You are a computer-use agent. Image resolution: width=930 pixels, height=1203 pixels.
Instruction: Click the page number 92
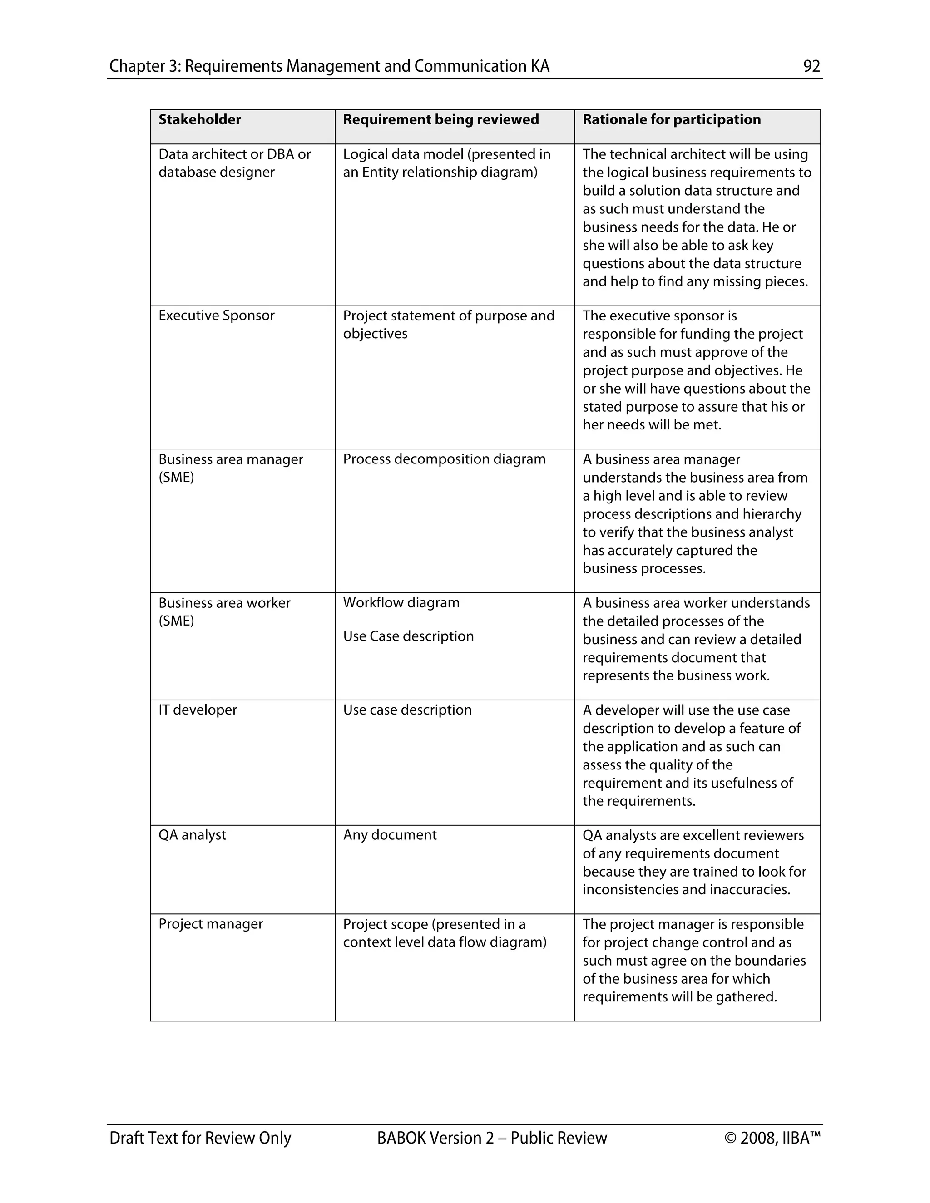pos(811,66)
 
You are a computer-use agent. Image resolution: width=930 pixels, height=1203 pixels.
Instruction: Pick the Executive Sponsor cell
pos(216,316)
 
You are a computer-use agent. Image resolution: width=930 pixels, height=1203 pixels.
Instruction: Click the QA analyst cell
pos(192,835)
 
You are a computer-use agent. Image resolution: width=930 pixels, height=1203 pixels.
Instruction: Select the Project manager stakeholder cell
pos(210,924)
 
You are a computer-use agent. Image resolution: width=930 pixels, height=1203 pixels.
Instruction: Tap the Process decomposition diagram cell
pos(444,459)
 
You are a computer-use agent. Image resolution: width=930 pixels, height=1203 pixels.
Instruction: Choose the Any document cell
pos(390,835)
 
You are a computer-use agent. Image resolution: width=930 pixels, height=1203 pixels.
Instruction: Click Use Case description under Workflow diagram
pos(408,636)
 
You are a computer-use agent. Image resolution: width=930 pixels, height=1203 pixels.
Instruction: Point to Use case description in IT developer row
pos(407,710)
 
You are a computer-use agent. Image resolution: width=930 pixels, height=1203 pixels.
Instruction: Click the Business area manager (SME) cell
pos(230,468)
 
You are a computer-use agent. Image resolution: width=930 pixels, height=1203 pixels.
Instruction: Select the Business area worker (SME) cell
pos(224,611)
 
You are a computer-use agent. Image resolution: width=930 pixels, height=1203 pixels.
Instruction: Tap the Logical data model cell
pos(446,163)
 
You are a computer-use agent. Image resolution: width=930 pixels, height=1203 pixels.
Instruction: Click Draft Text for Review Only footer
pos(200,1138)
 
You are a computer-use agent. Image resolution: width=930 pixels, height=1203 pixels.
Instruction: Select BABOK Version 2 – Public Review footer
pos(491,1138)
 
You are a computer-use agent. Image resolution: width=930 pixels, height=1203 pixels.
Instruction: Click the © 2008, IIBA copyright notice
pos(772,1138)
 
